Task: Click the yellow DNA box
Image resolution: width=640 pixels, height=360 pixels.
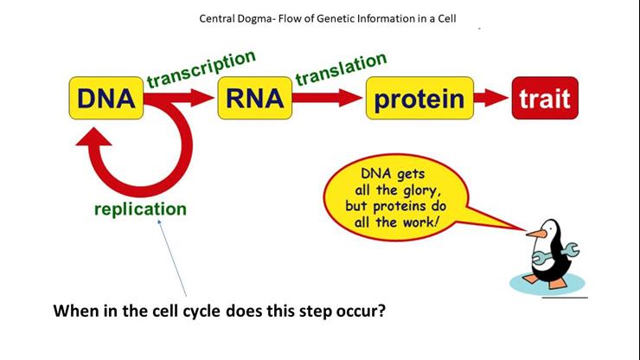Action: tap(106, 98)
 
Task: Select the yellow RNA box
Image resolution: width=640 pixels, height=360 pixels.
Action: tap(254, 98)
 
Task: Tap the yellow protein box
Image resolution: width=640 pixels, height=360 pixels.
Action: tap(419, 98)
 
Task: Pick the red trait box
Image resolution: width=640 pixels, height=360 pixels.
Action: tap(545, 98)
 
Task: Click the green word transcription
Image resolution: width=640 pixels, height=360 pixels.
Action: tap(202, 68)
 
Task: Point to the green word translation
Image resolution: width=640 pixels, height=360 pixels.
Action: tap(342, 68)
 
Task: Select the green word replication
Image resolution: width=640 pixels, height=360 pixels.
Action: tap(140, 209)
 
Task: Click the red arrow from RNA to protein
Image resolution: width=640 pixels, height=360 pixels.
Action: tap(327, 98)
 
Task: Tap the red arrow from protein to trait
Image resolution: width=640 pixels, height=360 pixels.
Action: tap(491, 98)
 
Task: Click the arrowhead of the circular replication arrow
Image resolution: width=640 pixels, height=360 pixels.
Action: tap(94, 137)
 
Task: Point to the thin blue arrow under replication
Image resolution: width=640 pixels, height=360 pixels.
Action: tap(172, 258)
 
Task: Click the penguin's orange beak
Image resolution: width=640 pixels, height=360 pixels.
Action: tap(536, 234)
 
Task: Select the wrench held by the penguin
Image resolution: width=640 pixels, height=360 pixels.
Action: tap(555, 254)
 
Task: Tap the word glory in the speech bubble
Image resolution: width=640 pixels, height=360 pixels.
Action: tap(422, 191)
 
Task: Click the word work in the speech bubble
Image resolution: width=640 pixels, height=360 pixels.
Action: tap(420, 222)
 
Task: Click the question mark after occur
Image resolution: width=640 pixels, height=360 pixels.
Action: tap(381, 311)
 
